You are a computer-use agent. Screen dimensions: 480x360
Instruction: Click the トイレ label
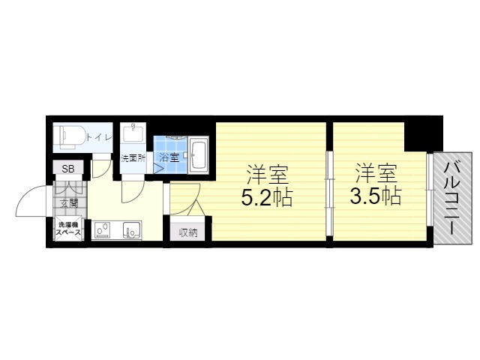(x=99, y=138)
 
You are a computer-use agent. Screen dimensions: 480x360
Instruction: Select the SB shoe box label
(x=68, y=169)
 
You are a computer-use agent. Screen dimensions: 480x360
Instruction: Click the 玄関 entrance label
(x=68, y=203)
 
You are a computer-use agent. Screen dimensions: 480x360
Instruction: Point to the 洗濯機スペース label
(x=68, y=228)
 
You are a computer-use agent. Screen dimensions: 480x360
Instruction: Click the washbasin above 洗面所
(x=133, y=132)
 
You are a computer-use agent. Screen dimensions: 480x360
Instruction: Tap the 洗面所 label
(x=133, y=158)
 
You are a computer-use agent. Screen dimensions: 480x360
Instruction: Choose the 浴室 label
(x=169, y=158)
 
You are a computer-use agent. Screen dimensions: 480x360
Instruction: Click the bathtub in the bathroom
(x=198, y=154)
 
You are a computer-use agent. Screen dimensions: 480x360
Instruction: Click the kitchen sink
(x=132, y=229)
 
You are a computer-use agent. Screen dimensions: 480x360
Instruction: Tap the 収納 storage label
(x=188, y=233)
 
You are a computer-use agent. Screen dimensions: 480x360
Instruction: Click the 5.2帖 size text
(x=267, y=197)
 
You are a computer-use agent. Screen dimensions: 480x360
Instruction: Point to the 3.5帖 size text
(x=375, y=196)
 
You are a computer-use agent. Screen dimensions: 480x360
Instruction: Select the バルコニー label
(x=452, y=198)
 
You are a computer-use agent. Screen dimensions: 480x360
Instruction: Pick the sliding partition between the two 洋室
(x=329, y=193)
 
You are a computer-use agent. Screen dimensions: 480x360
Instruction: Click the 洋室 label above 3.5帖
(x=376, y=173)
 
